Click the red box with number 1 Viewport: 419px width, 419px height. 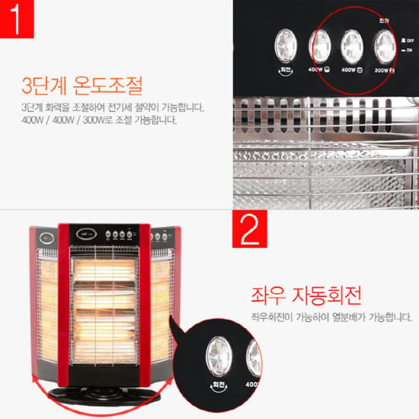click(17, 19)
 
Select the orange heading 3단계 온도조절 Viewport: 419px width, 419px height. click(82, 86)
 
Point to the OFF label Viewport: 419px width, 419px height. click(410, 40)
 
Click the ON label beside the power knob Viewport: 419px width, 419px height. click(410, 51)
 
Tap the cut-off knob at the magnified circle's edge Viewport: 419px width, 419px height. click(254, 358)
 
